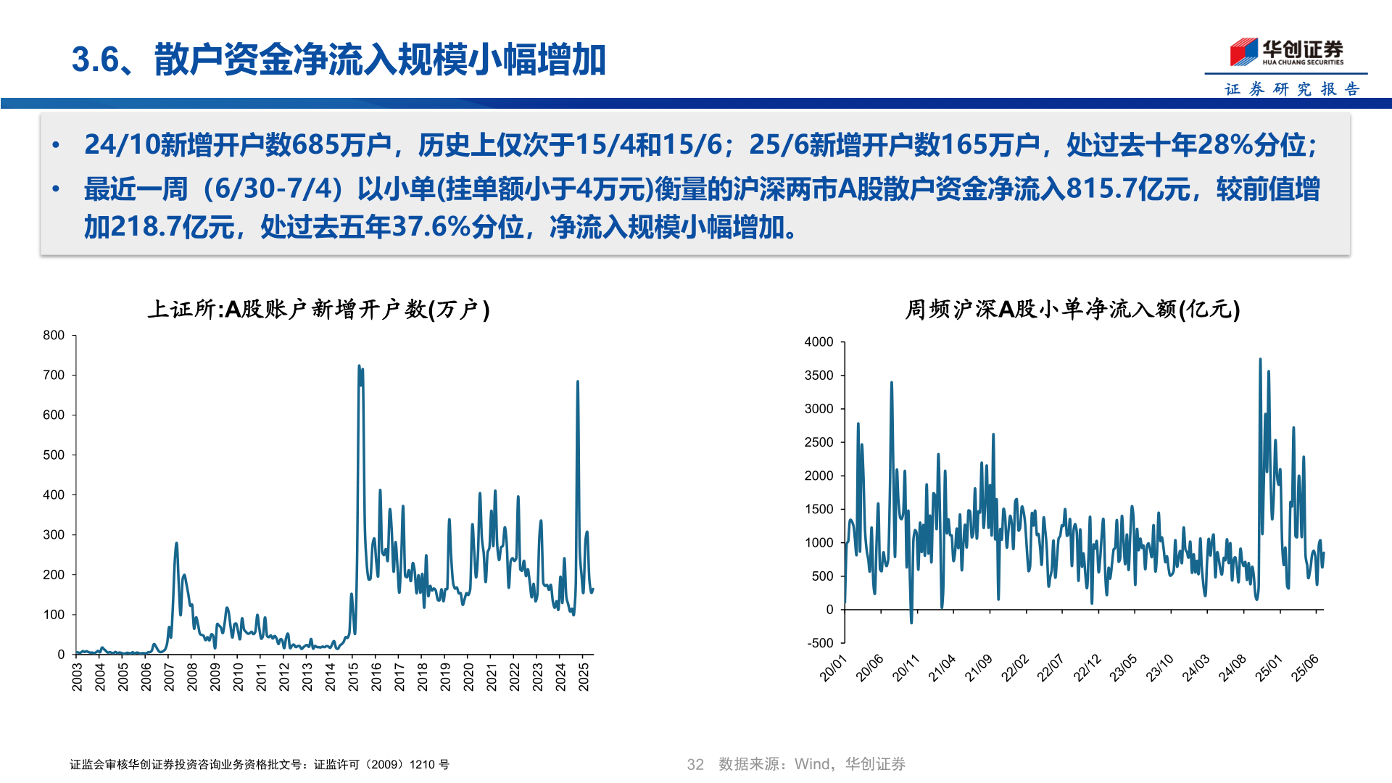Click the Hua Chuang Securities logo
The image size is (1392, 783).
[x=1286, y=52]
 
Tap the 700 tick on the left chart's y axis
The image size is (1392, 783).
[x=54, y=376]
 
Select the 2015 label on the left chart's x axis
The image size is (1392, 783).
[x=353, y=676]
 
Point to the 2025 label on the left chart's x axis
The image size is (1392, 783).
[x=584, y=676]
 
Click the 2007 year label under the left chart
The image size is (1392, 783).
[x=169, y=676]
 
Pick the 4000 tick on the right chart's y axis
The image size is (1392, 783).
[x=819, y=342]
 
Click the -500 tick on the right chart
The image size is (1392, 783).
[x=820, y=643]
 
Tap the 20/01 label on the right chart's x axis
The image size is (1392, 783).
[x=833, y=668]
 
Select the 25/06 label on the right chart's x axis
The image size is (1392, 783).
[x=1305, y=668]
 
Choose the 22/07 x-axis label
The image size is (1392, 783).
[x=1051, y=668]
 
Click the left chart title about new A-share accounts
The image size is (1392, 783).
[x=319, y=310]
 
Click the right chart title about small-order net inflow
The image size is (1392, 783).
[x=1072, y=310]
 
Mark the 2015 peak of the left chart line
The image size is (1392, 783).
[x=360, y=367]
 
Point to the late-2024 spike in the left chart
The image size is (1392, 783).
[x=578, y=381]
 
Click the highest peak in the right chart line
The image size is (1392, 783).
[x=1260, y=360]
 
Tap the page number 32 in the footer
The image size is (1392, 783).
[x=695, y=764]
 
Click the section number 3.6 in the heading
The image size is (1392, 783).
[x=95, y=59]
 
